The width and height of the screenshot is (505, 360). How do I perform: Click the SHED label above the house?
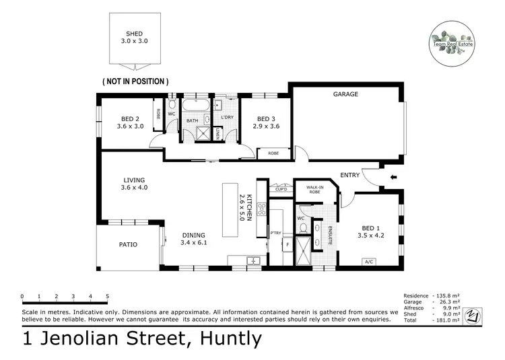pos(135,34)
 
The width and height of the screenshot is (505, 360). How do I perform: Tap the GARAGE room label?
pos(345,94)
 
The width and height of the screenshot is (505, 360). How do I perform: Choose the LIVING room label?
pos(135,180)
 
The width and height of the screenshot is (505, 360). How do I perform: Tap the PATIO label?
pos(128,244)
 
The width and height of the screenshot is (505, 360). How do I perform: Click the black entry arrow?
pos(394,178)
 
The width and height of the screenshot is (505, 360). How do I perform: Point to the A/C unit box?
pos(368,262)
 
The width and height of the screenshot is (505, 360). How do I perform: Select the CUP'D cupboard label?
pos(280,190)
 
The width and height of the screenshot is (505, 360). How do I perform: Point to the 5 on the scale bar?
pos(108,296)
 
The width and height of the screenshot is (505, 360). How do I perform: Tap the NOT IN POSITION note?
pos(135,81)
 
